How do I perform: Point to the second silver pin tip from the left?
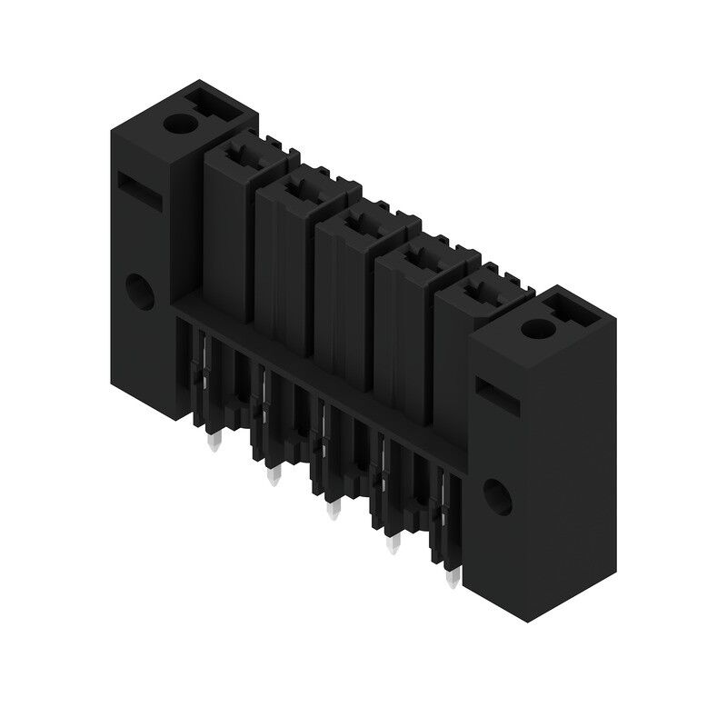pyautogui.click(x=272, y=476)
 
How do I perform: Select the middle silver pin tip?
pyautogui.click(x=333, y=511)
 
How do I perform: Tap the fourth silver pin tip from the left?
pyautogui.click(x=394, y=547)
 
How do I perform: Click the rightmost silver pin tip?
pyautogui.click(x=452, y=579)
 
